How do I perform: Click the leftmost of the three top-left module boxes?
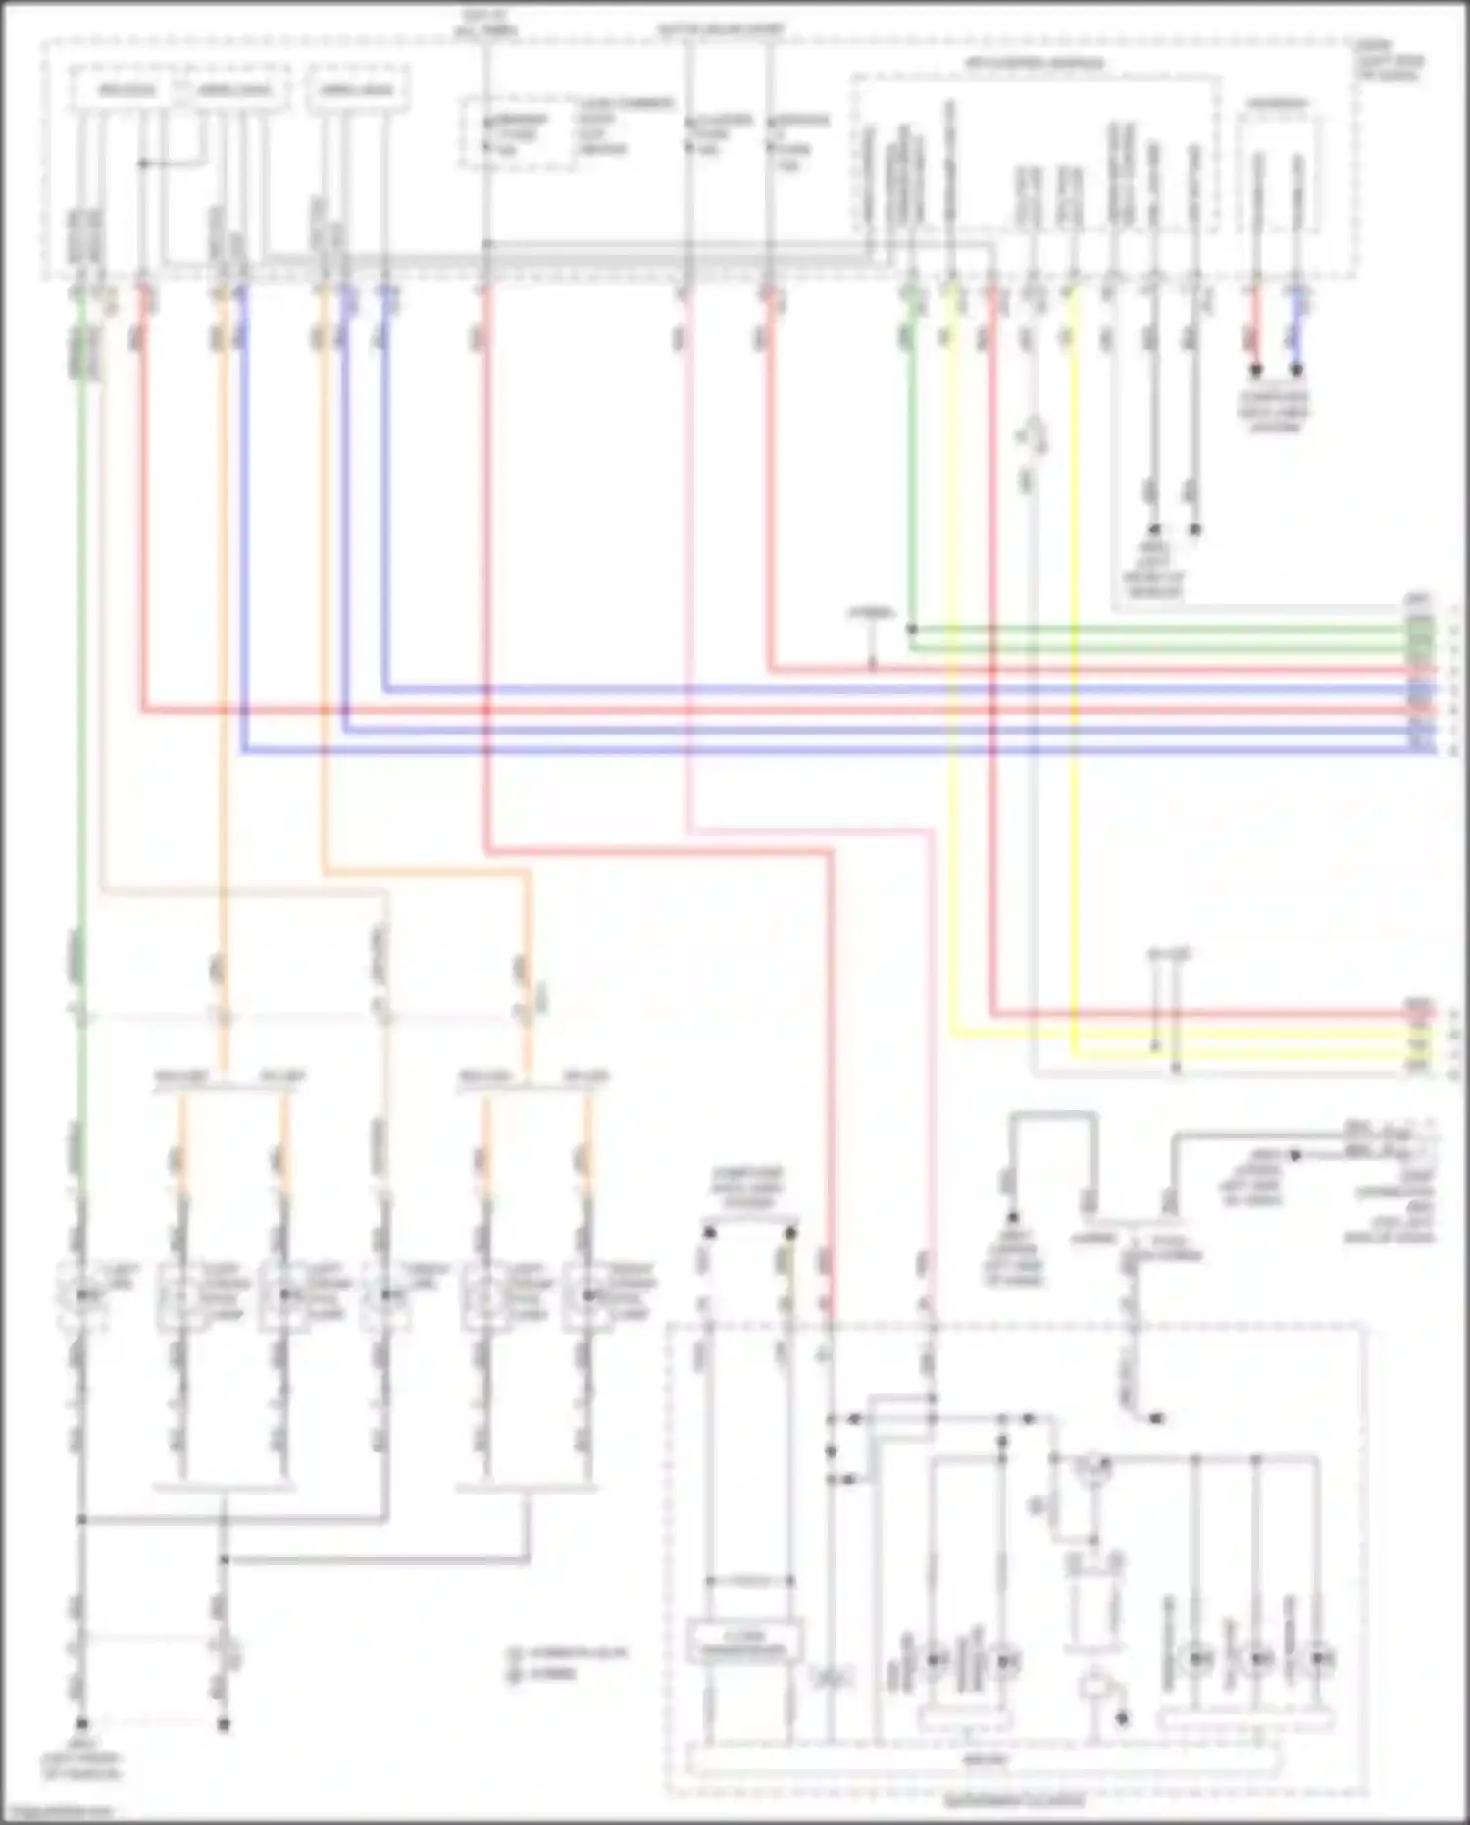click(x=127, y=90)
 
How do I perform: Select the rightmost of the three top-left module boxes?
click(x=357, y=90)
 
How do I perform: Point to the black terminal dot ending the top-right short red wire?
click(x=1255, y=370)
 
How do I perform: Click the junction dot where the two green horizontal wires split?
click(x=912, y=628)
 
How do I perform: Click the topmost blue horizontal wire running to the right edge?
click(x=883, y=689)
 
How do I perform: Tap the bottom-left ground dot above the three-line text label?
click(x=82, y=1723)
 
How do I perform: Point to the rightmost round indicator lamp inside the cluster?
click(x=1322, y=1659)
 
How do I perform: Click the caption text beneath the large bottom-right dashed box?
click(x=1014, y=1801)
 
